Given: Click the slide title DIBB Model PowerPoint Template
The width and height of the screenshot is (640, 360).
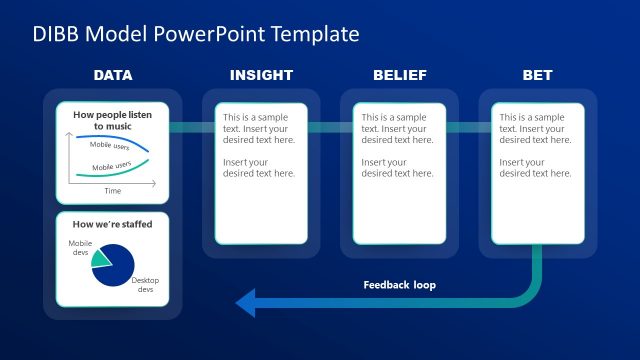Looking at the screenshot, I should [x=195, y=34].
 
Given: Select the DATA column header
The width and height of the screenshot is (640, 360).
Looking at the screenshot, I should [x=113, y=75].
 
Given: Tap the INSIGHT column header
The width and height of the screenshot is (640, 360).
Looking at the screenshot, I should [x=261, y=75].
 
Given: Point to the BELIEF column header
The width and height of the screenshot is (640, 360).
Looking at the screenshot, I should [x=399, y=75].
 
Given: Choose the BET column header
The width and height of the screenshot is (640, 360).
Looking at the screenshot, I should [x=537, y=75].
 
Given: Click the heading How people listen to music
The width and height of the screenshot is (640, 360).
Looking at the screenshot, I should [x=113, y=121].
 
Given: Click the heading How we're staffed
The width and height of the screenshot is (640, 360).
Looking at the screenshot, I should [x=113, y=224].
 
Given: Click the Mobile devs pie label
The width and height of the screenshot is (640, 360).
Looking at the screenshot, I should [x=79, y=248].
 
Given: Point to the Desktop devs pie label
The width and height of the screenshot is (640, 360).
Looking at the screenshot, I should [x=145, y=285].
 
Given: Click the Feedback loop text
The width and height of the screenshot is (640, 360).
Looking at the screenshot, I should [x=399, y=285].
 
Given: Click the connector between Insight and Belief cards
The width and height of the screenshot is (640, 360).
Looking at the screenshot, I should [x=330, y=127].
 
